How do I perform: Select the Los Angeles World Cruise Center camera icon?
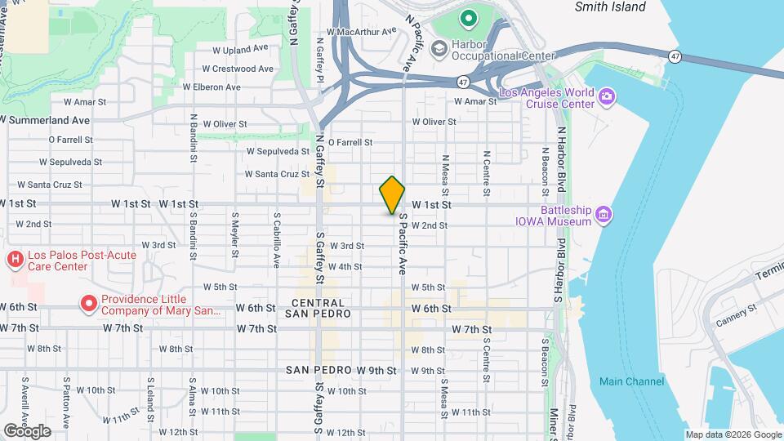[606, 98]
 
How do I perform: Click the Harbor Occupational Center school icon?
[439, 49]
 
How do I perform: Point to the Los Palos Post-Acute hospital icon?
[15, 261]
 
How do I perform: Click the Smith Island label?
[610, 7]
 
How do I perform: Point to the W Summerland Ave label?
[44, 120]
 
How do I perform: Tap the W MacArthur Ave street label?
[361, 32]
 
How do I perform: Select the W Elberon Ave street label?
[212, 87]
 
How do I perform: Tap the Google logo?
[26, 431]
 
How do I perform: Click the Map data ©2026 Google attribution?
[733, 434]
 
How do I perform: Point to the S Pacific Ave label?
[402, 245]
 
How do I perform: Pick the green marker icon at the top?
[468, 16]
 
